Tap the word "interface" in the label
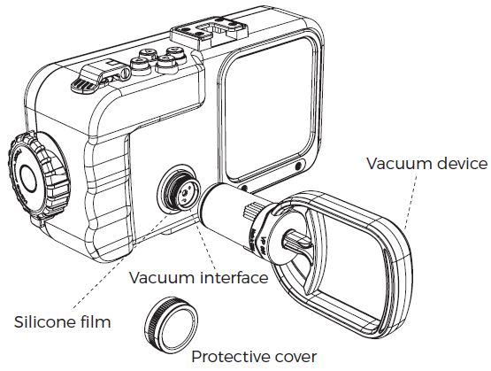[234, 278]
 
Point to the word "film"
[98, 321]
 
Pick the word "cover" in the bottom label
[295, 357]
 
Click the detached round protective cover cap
[172, 324]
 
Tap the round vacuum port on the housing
[179, 190]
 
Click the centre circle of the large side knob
[29, 178]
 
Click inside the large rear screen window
[269, 110]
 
